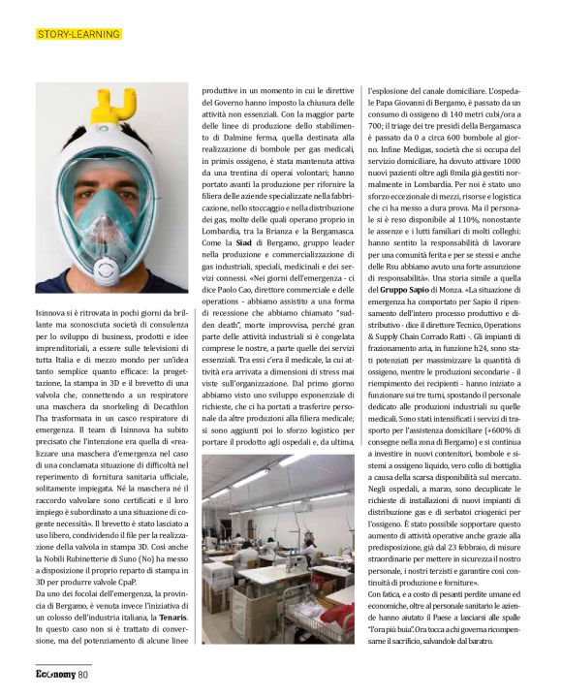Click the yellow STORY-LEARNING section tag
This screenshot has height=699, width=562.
coord(78,35)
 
